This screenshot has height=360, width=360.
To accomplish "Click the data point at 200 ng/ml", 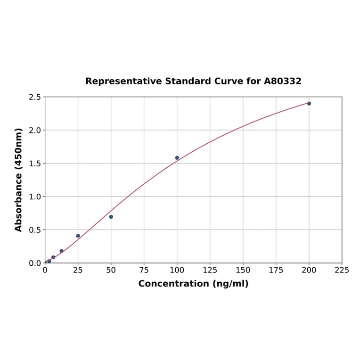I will pyautogui.click(x=309, y=103).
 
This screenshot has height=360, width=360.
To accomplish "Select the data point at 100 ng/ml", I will pyautogui.click(x=177, y=158).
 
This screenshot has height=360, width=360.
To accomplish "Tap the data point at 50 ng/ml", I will pyautogui.click(x=111, y=217).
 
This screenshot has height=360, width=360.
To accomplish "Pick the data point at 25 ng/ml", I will pyautogui.click(x=78, y=236).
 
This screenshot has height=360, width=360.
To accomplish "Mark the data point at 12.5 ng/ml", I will pyautogui.click(x=62, y=251).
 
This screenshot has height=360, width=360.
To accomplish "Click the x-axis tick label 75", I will pyautogui.click(x=144, y=270).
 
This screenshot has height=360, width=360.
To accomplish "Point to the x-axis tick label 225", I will pyautogui.click(x=342, y=270).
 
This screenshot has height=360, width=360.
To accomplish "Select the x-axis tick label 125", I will pyautogui.click(x=210, y=270).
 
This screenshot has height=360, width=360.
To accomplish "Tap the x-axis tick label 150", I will pyautogui.click(x=243, y=270).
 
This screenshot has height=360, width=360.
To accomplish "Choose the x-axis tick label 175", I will pyautogui.click(x=276, y=270).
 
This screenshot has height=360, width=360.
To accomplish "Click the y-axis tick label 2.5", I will pyautogui.click(x=35, y=97).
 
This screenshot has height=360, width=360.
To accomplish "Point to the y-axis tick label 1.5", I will pyautogui.click(x=35, y=164).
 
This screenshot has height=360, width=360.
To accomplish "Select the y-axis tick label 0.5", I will pyautogui.click(x=35, y=230).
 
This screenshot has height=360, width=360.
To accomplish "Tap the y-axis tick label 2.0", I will pyautogui.click(x=35, y=130).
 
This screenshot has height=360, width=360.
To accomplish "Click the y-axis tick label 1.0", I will pyautogui.click(x=35, y=196).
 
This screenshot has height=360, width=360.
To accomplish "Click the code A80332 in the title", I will pyautogui.click(x=282, y=82).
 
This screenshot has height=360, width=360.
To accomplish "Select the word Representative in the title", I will pyautogui.click(x=123, y=82).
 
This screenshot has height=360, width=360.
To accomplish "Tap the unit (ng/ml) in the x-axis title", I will pyautogui.click(x=230, y=284).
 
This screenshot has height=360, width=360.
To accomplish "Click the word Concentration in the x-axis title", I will pyautogui.click(x=173, y=284).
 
